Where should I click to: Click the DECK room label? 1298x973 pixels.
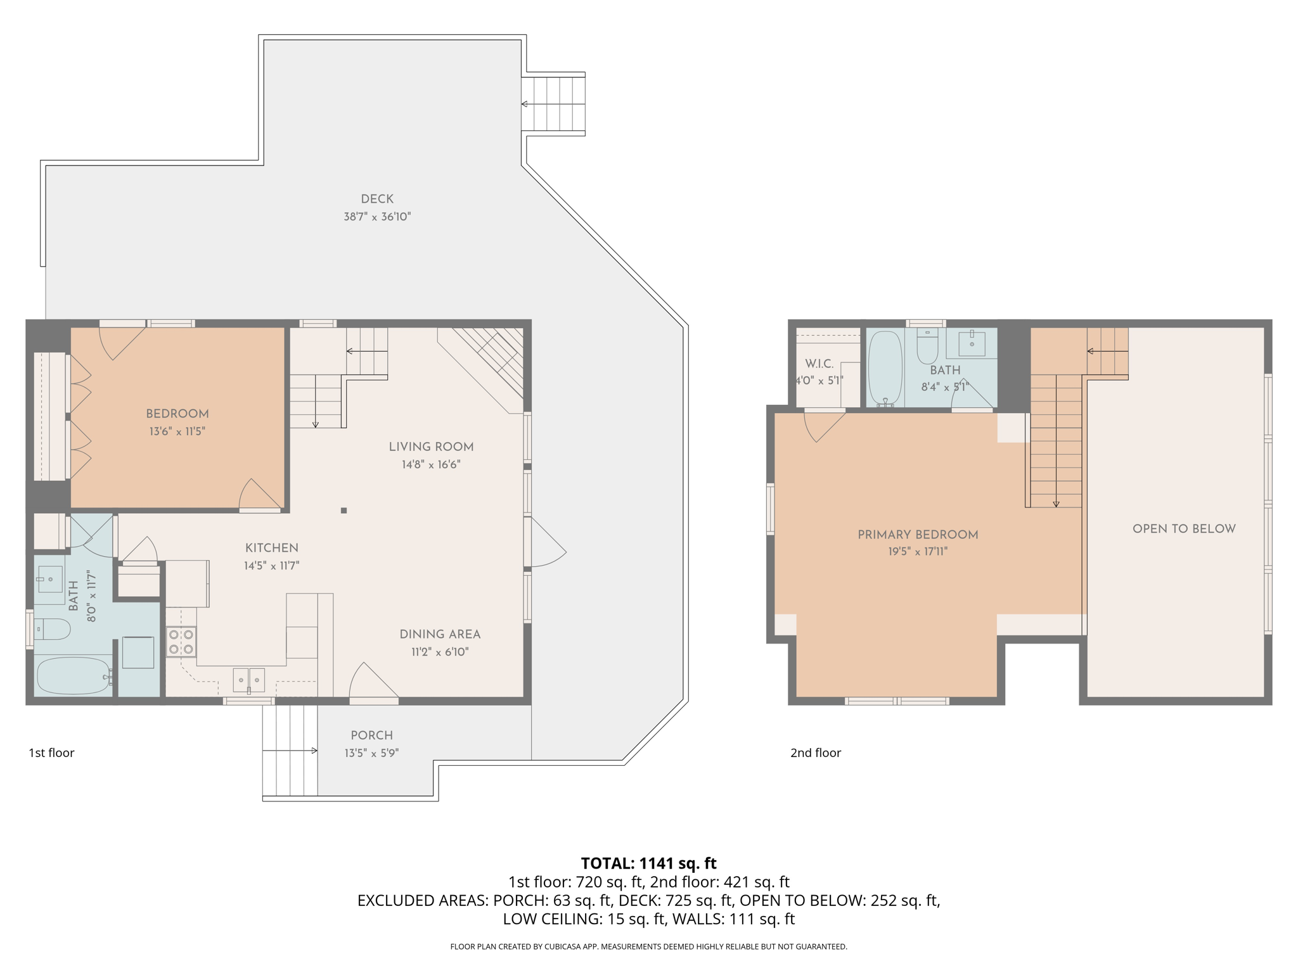(x=377, y=199)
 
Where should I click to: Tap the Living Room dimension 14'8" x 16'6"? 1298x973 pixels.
(x=431, y=464)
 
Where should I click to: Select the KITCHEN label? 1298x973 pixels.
(x=271, y=548)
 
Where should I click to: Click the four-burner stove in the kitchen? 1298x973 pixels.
(x=181, y=642)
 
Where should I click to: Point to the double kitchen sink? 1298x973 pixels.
(x=249, y=680)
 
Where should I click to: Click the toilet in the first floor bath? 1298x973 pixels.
(x=52, y=630)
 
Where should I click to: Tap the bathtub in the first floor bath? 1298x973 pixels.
(x=73, y=676)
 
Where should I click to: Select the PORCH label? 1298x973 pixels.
(x=372, y=735)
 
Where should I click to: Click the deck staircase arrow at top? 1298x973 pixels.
(x=524, y=104)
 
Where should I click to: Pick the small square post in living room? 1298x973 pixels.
(x=344, y=510)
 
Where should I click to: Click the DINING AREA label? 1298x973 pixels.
(x=440, y=634)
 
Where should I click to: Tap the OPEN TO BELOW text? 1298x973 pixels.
(x=1184, y=529)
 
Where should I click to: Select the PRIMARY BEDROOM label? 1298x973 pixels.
(x=918, y=535)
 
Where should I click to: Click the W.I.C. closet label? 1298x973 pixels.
(x=819, y=364)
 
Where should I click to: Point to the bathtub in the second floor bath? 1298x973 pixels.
(x=885, y=367)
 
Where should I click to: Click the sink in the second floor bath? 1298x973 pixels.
(x=972, y=343)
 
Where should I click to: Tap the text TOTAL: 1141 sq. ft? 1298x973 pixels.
(x=648, y=863)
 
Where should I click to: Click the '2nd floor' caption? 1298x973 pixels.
(x=815, y=753)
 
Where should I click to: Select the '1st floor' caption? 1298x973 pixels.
(x=51, y=753)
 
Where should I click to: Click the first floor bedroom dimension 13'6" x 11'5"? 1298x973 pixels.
(x=177, y=431)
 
